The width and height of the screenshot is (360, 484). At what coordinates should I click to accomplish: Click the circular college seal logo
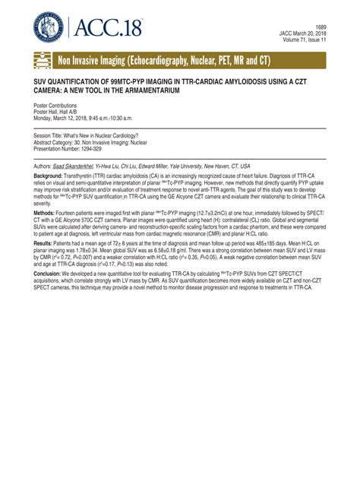point(49,27)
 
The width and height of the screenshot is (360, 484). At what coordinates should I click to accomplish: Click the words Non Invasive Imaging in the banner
point(96,60)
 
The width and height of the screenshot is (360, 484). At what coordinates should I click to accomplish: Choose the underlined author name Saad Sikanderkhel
point(74,165)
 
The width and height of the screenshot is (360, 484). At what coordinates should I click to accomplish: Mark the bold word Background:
point(49,175)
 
